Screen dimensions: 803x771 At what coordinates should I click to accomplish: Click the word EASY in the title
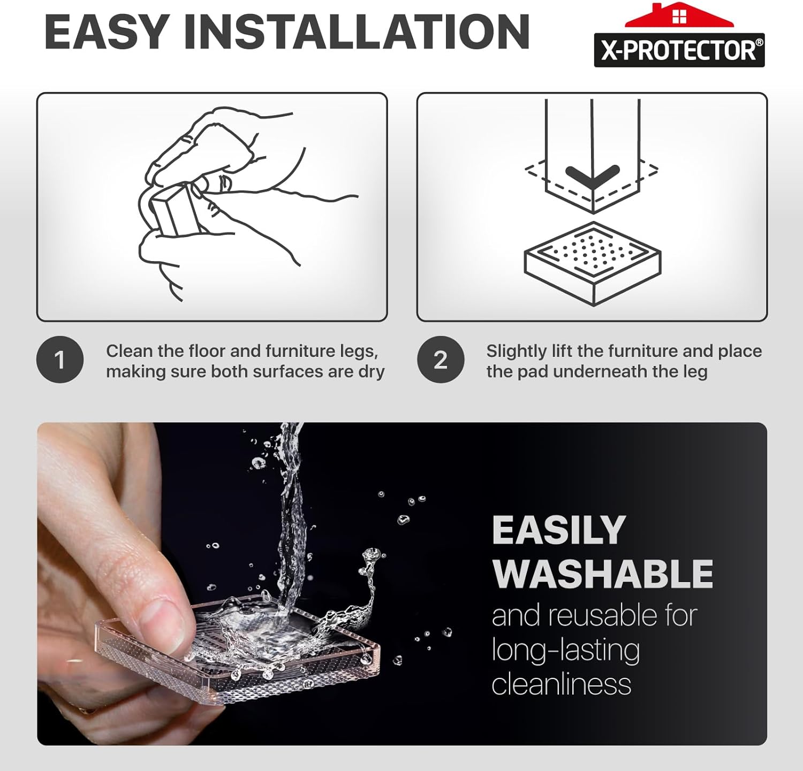107,32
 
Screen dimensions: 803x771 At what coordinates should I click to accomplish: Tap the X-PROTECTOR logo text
679,50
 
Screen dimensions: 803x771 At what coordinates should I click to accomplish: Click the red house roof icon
679,14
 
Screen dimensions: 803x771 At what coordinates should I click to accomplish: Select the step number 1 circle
60,360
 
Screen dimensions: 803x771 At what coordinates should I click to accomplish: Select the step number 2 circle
441,360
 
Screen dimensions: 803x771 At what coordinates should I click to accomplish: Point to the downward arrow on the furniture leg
593,176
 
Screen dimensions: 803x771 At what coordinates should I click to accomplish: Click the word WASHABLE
603,574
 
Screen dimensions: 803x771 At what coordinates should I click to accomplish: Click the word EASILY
559,530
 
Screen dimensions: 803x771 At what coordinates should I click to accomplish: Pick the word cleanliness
562,684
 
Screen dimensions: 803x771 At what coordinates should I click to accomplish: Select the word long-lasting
566,651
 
